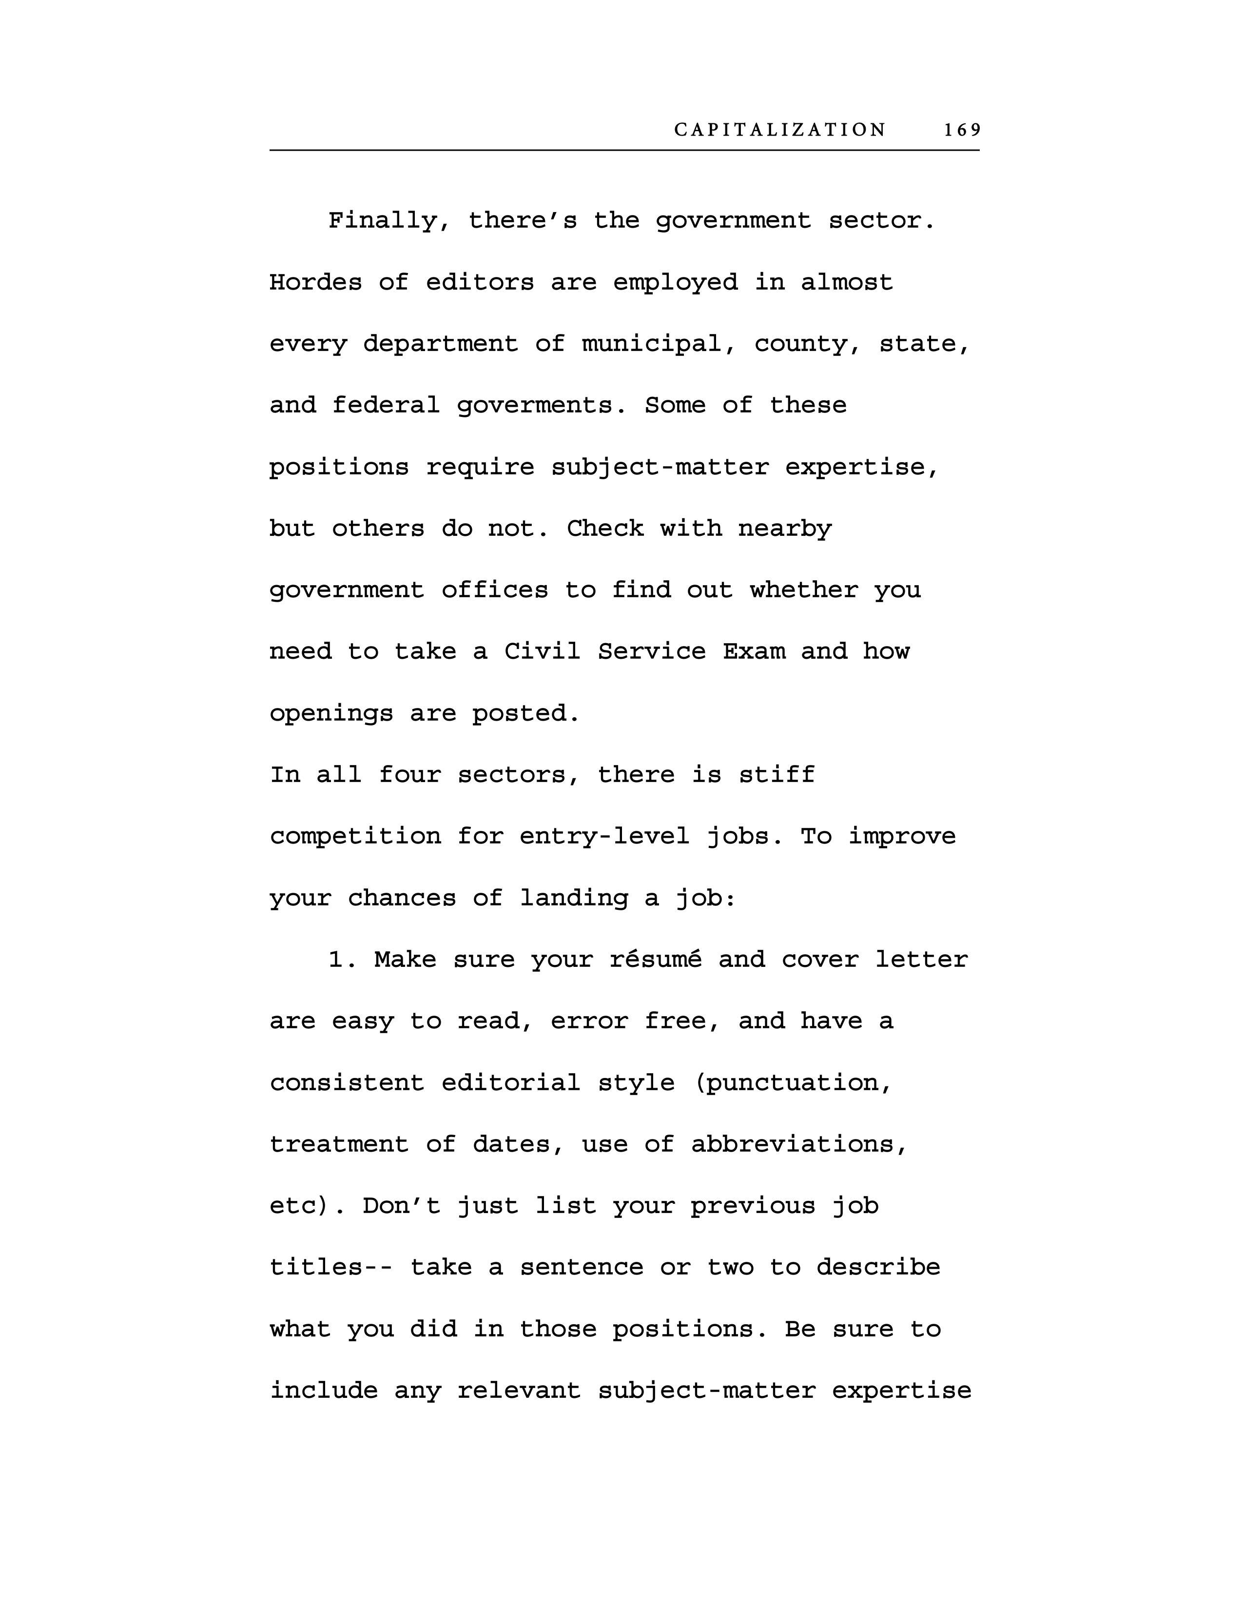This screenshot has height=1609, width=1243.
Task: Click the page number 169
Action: click(x=962, y=130)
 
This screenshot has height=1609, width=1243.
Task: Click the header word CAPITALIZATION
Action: click(x=780, y=130)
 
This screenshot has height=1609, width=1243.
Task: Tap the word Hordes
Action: click(x=315, y=282)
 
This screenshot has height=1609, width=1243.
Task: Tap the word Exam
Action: click(x=753, y=651)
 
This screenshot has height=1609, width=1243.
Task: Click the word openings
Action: click(x=330, y=713)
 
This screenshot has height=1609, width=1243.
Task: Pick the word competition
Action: click(x=355, y=836)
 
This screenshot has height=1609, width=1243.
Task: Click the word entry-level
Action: click(x=604, y=836)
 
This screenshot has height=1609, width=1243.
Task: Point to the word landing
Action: click(x=574, y=898)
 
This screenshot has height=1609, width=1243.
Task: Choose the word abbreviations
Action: click(x=799, y=1144)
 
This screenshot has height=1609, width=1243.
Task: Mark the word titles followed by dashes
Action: click(x=324, y=1267)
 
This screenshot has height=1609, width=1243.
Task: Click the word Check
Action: click(x=604, y=529)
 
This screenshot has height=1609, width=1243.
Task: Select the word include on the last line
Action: click(x=323, y=1391)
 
